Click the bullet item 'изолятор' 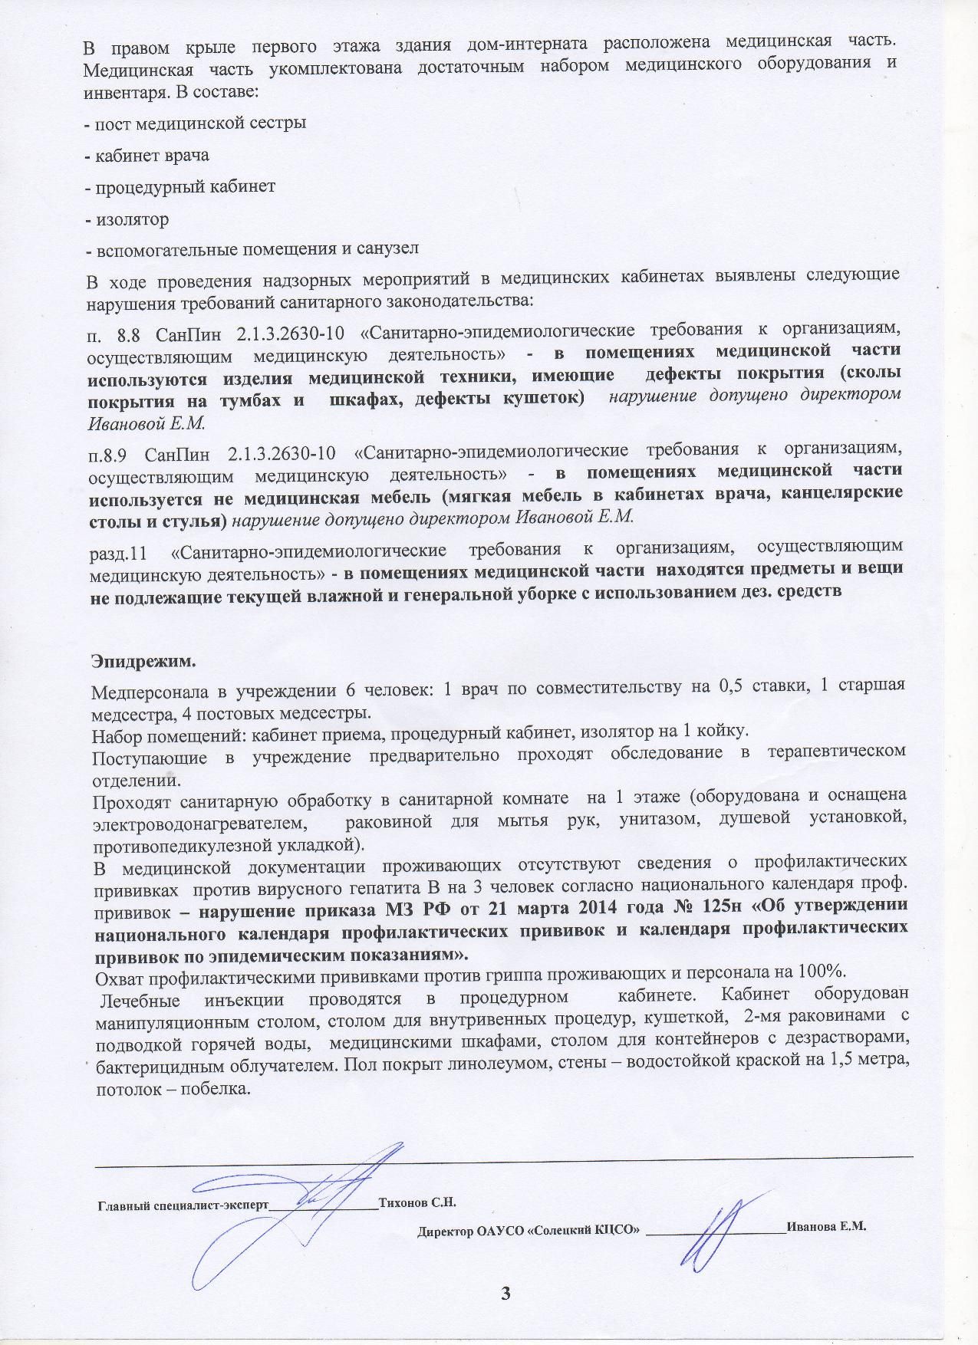pos(131,219)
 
